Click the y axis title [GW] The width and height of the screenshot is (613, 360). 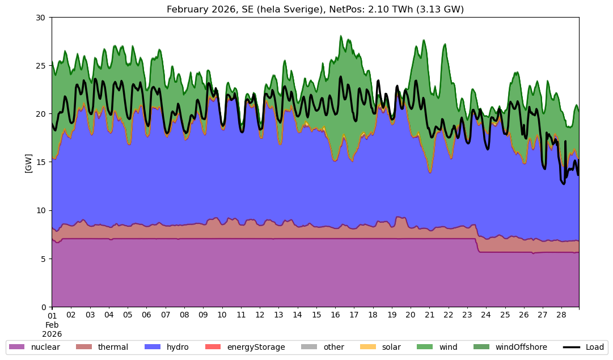(28, 163)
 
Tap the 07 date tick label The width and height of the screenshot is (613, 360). (166, 315)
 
